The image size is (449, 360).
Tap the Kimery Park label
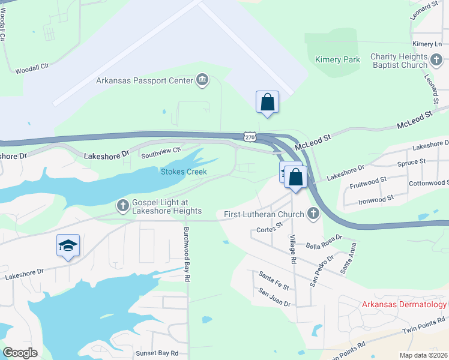click(337, 59)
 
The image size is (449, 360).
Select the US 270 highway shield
click(250, 137)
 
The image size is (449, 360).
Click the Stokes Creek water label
click(184, 172)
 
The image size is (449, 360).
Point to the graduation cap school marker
click(68, 245)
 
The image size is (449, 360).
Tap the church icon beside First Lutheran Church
click(313, 214)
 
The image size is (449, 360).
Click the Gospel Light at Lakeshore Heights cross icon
click(122, 206)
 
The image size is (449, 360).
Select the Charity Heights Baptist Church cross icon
click(437, 60)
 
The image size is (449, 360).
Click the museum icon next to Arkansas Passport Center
click(202, 80)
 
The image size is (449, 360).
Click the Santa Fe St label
click(274, 279)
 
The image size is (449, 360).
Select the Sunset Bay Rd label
click(158, 353)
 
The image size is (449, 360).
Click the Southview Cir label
click(160, 154)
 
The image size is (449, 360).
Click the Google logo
click(20, 353)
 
